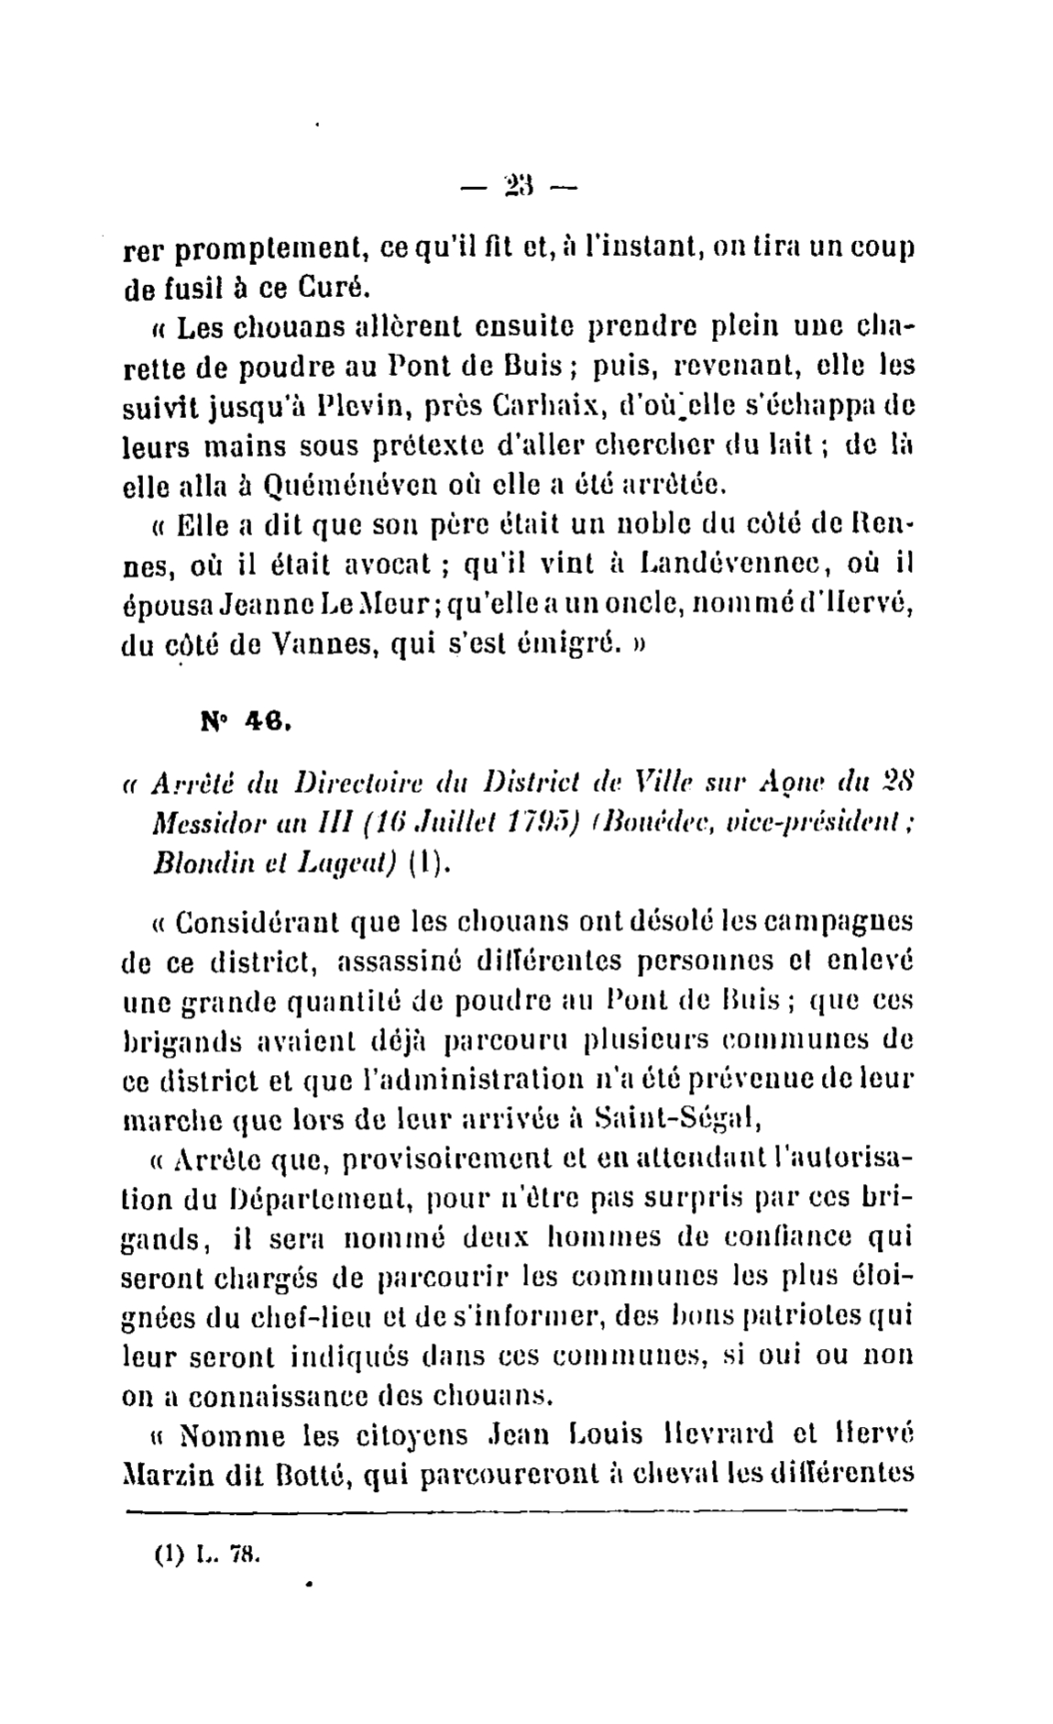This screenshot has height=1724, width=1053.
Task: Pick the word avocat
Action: pyautogui.click(x=378, y=565)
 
